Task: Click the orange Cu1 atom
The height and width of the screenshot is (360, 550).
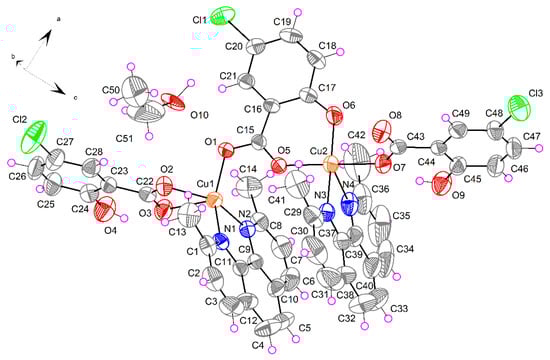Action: (x=213, y=199)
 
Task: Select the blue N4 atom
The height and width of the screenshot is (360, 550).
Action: (x=349, y=205)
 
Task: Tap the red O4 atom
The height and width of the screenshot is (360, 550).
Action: (x=103, y=211)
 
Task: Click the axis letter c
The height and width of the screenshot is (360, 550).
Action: (x=74, y=97)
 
